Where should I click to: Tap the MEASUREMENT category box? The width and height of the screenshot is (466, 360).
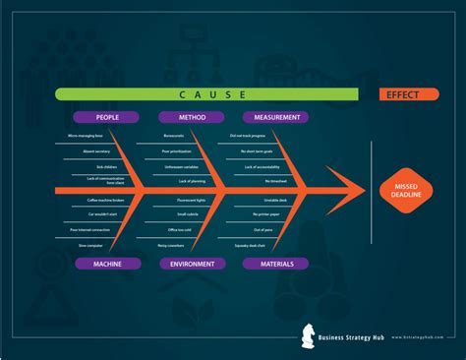(x=275, y=117)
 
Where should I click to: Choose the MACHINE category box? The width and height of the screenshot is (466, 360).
(x=107, y=264)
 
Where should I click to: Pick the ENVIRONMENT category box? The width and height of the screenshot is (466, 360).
(x=192, y=264)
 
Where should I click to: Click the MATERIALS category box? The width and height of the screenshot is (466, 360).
(x=275, y=264)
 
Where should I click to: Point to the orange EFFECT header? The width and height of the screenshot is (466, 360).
(x=402, y=94)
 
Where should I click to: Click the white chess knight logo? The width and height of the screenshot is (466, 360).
(x=309, y=338)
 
